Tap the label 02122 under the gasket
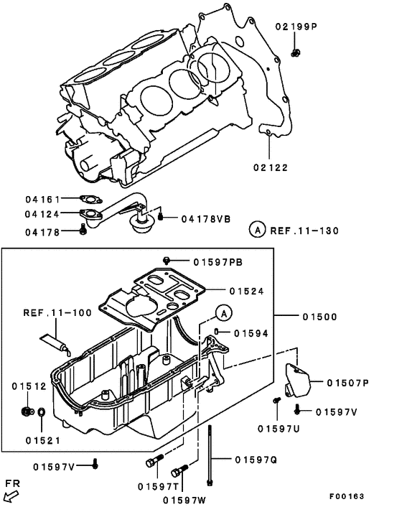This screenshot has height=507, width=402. coord(270,167)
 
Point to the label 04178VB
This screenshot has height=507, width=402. coord(205,218)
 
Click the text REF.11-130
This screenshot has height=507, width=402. coord(304,231)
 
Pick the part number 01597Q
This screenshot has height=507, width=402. coord(256,459)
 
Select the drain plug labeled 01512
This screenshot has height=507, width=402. coord(25,412)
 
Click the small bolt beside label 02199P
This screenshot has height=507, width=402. coord(296,52)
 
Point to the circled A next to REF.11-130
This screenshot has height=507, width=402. coord(256,231)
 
